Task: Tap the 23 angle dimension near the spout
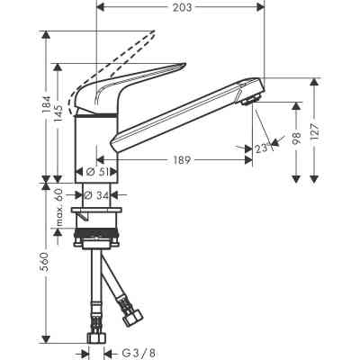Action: coord(262,150)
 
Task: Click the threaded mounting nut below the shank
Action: coord(102,243)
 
